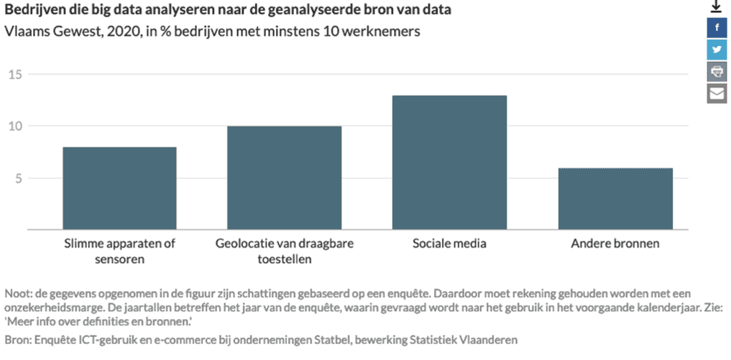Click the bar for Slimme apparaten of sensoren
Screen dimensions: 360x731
[x=119, y=188]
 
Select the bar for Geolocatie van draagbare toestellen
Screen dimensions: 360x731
[x=284, y=177]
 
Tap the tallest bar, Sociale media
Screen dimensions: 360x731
[x=449, y=162]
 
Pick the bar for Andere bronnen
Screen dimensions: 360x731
[x=615, y=198]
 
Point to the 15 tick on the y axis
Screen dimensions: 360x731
[x=16, y=75]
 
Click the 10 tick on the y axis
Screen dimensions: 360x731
[x=16, y=126]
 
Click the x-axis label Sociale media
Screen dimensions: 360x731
[x=449, y=244]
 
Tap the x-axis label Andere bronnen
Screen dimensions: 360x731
[x=615, y=244]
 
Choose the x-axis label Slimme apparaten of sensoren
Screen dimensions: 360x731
[x=119, y=251]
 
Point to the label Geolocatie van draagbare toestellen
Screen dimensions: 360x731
[x=284, y=251]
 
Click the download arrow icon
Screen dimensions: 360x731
[x=716, y=7]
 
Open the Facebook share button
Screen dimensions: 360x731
[x=717, y=27]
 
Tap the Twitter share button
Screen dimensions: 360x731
[x=717, y=50]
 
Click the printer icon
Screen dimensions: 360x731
[x=717, y=71]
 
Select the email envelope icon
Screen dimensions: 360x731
[x=717, y=93]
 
